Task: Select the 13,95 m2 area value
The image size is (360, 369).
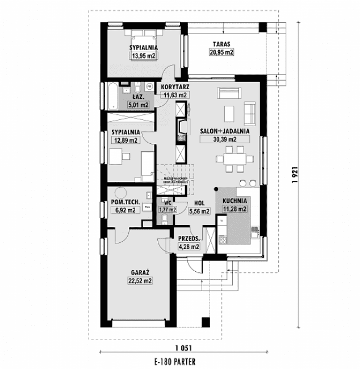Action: click(x=144, y=56)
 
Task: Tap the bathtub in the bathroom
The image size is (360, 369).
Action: click(x=112, y=96)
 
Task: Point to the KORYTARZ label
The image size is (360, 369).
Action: click(x=175, y=87)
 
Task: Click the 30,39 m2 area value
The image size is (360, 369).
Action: click(x=225, y=139)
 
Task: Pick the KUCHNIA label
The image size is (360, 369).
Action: click(x=235, y=201)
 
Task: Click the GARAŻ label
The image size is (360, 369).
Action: click(x=139, y=272)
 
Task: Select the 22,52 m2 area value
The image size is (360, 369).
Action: click(x=139, y=280)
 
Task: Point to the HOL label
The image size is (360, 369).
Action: click(x=199, y=202)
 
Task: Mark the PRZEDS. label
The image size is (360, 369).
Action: click(x=188, y=239)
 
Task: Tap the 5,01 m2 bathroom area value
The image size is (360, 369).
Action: click(x=138, y=105)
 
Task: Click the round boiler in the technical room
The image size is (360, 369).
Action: click(x=120, y=191)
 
